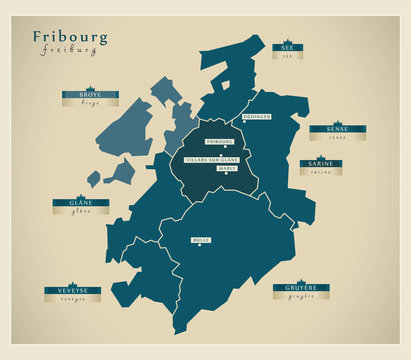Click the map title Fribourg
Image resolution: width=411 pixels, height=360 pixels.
(71, 38)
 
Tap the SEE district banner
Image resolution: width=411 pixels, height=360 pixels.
(287, 47)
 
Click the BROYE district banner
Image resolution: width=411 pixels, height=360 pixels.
(89, 95)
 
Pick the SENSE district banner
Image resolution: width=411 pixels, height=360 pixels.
(336, 129)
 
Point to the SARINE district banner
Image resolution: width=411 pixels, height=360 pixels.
(320, 162)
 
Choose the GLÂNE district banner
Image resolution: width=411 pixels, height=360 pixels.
(81, 202)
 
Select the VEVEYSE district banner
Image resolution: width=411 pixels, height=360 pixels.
(72, 290)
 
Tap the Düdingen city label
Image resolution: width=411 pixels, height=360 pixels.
(256, 117)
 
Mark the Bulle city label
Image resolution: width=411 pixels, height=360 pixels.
(202, 241)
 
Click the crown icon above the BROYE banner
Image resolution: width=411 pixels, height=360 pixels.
(89, 87)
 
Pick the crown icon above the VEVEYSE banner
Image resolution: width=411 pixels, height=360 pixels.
(72, 282)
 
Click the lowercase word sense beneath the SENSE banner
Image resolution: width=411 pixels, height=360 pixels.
(336, 138)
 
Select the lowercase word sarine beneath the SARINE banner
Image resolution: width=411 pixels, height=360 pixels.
(320, 171)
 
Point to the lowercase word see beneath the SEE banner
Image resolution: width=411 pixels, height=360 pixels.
(287, 56)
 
